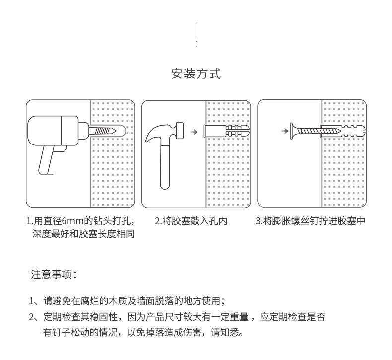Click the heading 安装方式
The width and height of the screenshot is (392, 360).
point(196,74)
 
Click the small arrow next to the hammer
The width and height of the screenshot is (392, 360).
point(195,132)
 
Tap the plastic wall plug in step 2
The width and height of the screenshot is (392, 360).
point(226,133)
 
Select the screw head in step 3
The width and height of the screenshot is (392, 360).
point(295,131)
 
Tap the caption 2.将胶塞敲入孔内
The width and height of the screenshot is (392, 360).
point(191,221)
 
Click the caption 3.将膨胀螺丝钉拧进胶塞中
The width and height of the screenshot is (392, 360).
point(310,221)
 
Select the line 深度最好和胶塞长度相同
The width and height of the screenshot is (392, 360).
point(83,234)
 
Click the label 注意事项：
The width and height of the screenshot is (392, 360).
point(53,275)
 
